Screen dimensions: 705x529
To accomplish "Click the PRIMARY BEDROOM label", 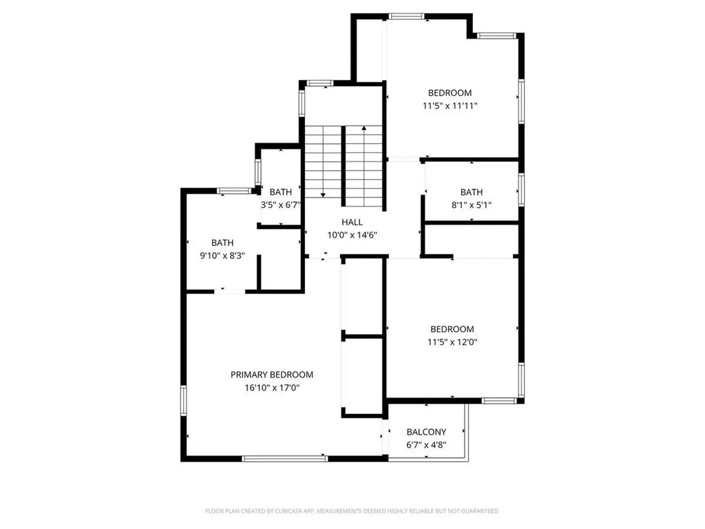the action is click(x=271, y=375).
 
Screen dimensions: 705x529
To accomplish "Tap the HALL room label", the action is click(x=352, y=222).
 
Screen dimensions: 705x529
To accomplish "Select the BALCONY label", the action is click(x=426, y=433).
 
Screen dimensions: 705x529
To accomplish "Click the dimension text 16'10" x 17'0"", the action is click(x=272, y=388).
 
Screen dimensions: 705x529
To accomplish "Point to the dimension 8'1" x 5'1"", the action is click(x=471, y=205).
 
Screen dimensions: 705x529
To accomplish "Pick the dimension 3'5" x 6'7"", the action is click(x=281, y=205).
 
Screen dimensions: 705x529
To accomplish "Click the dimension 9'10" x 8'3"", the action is click(x=222, y=256).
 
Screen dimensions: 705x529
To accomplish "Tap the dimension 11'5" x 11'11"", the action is click(x=450, y=106).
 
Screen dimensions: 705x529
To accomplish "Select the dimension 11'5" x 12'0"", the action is click(x=452, y=342).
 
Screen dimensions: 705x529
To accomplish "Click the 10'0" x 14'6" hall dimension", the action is click(x=352, y=235).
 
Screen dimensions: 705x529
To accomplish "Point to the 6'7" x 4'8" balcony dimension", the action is click(x=426, y=446).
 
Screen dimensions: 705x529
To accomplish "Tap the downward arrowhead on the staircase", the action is click(x=323, y=195).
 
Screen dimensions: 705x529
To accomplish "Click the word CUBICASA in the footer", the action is click(x=288, y=511).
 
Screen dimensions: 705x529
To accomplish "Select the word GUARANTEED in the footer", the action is click(x=483, y=511).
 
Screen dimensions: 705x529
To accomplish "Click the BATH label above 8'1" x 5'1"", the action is click(x=471, y=192).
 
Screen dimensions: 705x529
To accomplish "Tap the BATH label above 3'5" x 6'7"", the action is click(x=281, y=192).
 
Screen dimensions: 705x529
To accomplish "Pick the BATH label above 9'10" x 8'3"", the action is click(x=222, y=243).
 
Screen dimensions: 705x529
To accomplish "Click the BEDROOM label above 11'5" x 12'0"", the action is click(x=452, y=329).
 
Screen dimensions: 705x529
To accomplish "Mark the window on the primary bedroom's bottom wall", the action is click(x=284, y=459).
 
